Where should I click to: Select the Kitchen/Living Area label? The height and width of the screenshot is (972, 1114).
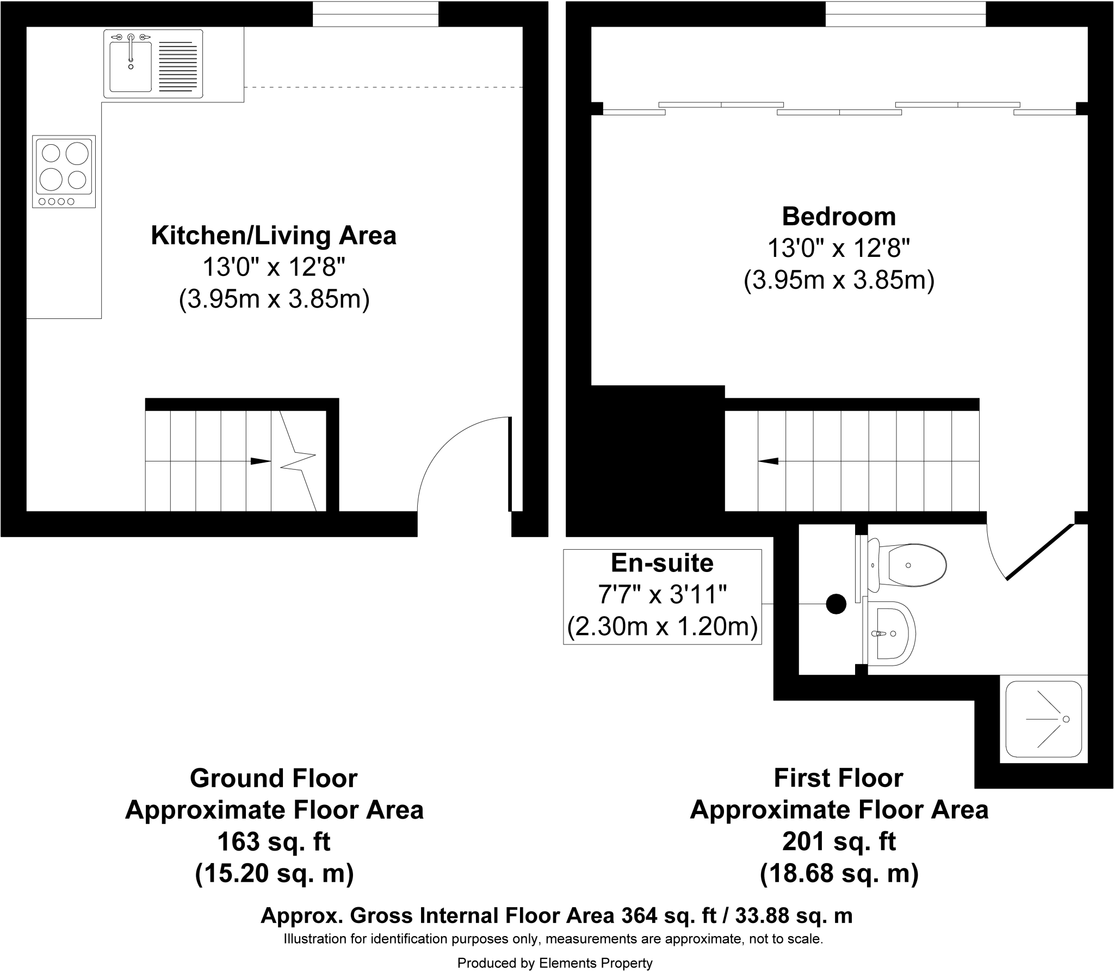click(x=274, y=236)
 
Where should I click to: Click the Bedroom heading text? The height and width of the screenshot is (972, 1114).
click(x=838, y=217)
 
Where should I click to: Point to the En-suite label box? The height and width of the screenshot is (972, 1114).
click(x=662, y=596)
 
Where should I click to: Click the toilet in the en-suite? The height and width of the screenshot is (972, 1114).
click(x=908, y=565)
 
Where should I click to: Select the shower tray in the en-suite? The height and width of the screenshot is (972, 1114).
click(x=1043, y=719)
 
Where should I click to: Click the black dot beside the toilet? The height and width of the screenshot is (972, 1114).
click(x=836, y=604)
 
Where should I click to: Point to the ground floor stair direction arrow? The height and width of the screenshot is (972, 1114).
click(x=260, y=462)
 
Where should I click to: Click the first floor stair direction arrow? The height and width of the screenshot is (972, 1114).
click(x=768, y=462)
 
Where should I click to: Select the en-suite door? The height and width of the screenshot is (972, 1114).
click(x=1039, y=552)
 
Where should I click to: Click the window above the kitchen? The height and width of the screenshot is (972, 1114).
click(x=375, y=14)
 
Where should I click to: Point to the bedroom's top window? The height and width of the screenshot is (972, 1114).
click(x=905, y=14)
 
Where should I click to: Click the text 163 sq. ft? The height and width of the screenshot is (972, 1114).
click(x=274, y=842)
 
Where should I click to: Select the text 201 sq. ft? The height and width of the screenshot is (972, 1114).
click(x=838, y=842)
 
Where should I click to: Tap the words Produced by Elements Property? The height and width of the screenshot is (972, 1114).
click(x=554, y=963)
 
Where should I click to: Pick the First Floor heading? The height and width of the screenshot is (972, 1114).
click(x=838, y=778)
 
